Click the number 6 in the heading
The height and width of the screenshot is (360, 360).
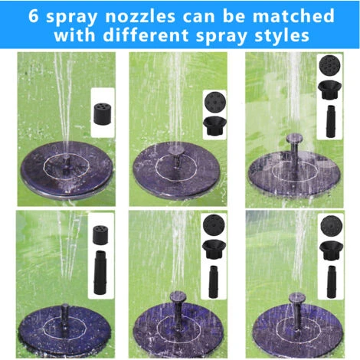point(33,16)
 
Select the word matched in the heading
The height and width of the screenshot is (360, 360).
point(293,16)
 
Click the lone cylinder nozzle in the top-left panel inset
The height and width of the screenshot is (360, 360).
point(103,113)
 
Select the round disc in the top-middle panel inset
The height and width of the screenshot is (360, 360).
point(215,103)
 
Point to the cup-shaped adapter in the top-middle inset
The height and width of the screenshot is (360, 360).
point(214,126)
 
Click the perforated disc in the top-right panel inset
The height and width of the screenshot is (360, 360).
point(331,65)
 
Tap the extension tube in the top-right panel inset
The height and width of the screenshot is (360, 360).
point(330,121)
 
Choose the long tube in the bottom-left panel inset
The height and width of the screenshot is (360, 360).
point(100,272)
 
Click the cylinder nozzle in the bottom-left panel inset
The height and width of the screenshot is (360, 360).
point(100,234)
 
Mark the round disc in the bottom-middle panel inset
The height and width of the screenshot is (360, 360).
point(214,226)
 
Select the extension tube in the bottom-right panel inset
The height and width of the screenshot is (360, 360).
point(332,281)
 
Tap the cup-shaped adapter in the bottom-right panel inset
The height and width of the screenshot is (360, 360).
point(331,250)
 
